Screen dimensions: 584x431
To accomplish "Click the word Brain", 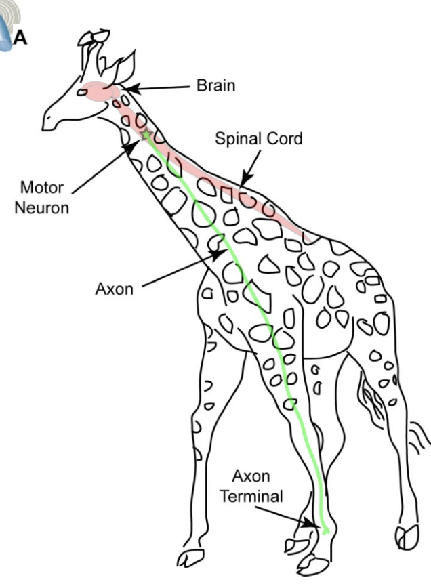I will tap(215, 86).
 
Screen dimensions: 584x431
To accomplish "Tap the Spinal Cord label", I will tap(258, 139).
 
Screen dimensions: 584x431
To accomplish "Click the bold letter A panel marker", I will tap(21, 37).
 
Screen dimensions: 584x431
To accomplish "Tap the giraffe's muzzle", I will tap(50, 121).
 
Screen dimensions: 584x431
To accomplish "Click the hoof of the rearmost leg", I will tap(407, 538).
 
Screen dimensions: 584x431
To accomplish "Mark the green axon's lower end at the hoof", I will tap(326, 530).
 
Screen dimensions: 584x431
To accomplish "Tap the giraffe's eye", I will tap(83, 92).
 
